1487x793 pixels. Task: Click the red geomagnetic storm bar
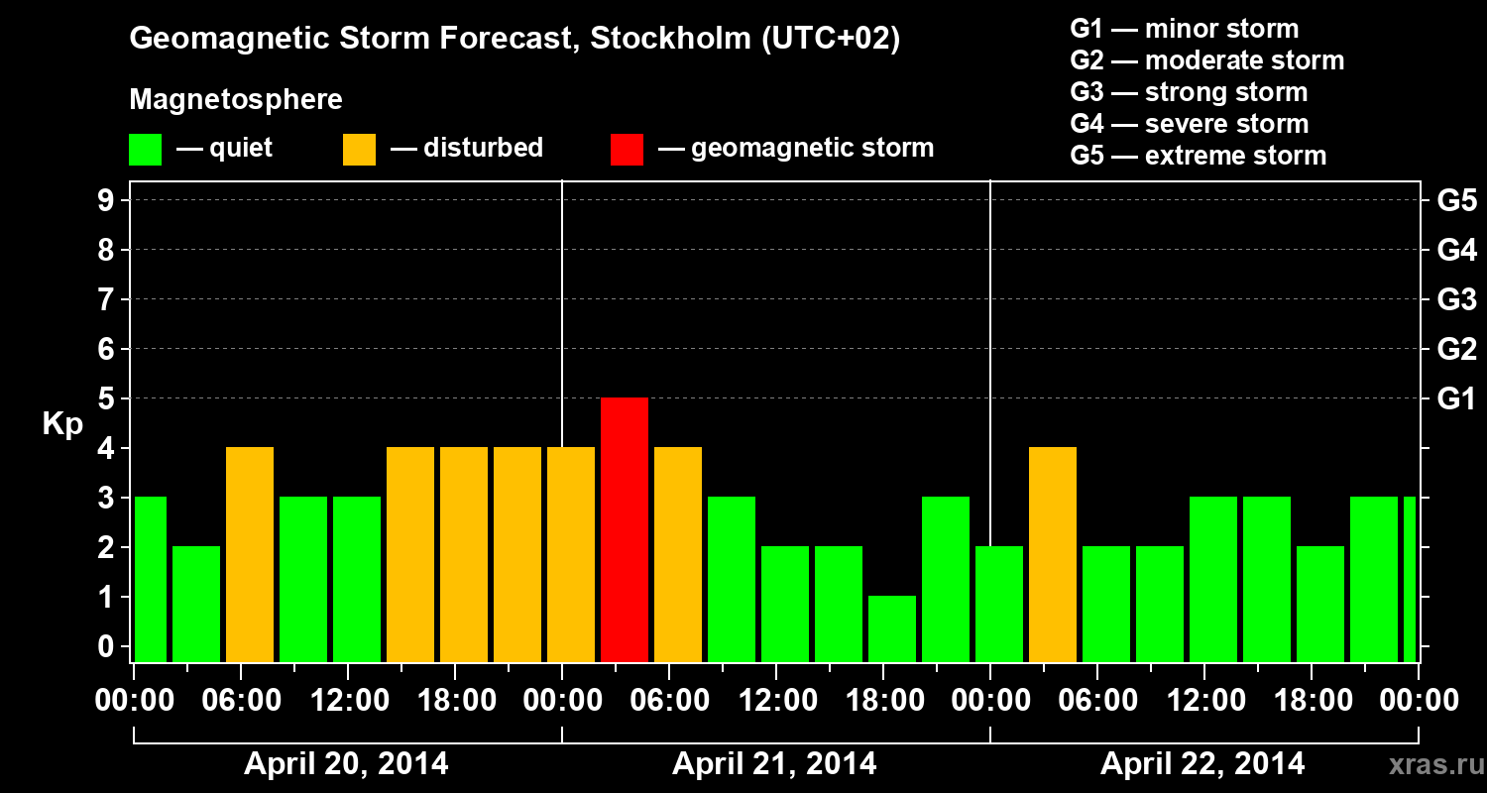coord(625,529)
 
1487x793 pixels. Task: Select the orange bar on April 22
coord(1053,554)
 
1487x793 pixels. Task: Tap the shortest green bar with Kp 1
coord(892,628)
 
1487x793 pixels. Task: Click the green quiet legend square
coord(145,150)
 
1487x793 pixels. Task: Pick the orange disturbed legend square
coord(359,150)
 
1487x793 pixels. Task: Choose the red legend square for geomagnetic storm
coord(627,150)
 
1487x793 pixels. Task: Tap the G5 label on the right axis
coord(1456,201)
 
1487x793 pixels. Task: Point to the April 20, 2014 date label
coord(346,764)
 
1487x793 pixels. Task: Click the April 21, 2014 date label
coord(774,764)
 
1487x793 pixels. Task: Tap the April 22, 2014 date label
coord(1202,764)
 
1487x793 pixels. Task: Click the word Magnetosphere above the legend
coord(236,100)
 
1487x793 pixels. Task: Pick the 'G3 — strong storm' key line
coord(1189,92)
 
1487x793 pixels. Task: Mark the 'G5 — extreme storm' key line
coord(1198,156)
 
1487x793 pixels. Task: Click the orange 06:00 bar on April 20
coord(250,554)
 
